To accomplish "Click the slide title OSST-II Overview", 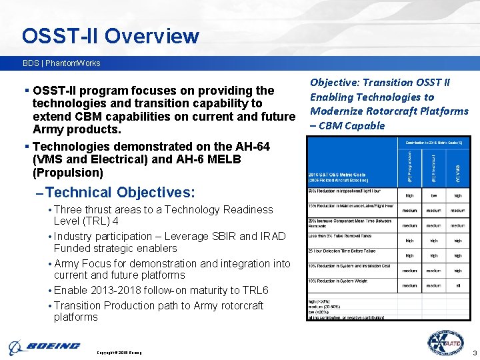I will (110, 35).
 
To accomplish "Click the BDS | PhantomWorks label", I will (61, 63).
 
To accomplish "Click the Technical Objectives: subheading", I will (121, 193).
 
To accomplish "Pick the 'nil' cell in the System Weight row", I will (457, 285).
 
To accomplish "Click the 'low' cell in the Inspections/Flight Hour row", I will (433, 196).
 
